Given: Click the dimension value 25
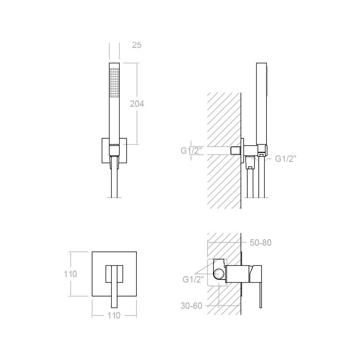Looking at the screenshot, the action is (137, 45).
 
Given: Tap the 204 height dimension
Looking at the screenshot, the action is (137, 104).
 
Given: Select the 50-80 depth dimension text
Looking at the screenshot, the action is (260, 243).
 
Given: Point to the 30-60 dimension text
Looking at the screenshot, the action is (191, 306).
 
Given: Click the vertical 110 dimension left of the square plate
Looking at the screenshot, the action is (70, 274).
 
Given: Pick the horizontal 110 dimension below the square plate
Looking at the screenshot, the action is (114, 316).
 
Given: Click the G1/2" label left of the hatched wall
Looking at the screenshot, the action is (191, 151).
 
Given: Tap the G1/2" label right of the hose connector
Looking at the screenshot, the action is (285, 159).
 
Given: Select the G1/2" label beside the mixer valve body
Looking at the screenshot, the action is (193, 280).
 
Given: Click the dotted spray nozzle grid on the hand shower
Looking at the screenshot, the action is (114, 83).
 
